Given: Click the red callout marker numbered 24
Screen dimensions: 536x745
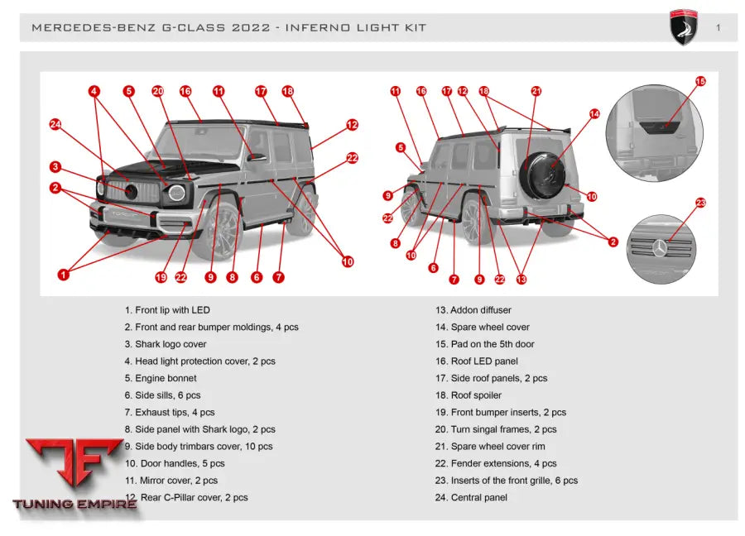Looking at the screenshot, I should pos(55,125).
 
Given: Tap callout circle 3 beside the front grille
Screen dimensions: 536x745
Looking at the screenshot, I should pos(55,167).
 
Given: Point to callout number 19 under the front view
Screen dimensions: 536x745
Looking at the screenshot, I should pos(161,278).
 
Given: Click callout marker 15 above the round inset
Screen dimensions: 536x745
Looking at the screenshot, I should pos(700,82).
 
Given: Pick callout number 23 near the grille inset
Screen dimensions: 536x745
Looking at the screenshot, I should pos(700,203).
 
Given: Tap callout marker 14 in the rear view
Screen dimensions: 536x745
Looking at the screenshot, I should pos(594,113).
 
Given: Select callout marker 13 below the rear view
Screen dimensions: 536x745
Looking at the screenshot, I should pos(521,280).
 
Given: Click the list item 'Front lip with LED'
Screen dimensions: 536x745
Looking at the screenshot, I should pos(167,310).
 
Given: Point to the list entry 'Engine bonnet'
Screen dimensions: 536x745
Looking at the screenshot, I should pos(161,378).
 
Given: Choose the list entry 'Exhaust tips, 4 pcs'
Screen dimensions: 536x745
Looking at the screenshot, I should pos(170,412).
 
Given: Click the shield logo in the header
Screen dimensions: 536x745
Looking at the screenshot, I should pos(684,28).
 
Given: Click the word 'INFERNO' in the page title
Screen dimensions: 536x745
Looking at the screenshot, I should pos(317,28).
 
